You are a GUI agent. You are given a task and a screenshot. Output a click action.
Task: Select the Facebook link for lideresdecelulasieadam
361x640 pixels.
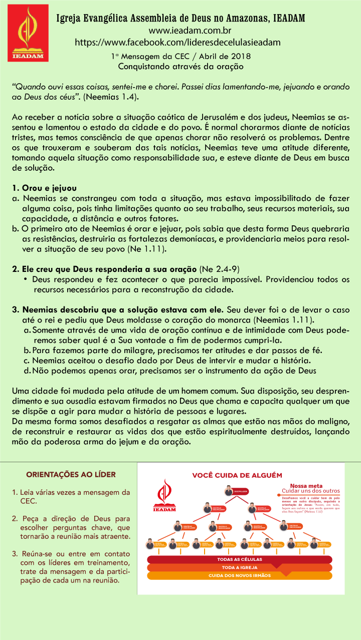[177, 42]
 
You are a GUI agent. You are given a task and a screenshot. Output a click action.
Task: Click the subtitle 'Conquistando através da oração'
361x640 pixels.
[180, 66]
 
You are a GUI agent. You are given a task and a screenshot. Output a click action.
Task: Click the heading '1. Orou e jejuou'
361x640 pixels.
[44, 188]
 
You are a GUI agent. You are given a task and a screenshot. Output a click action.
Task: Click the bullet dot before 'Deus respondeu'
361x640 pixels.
[25, 279]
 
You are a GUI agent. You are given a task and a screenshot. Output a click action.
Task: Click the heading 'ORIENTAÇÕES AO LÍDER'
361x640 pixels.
[71, 474]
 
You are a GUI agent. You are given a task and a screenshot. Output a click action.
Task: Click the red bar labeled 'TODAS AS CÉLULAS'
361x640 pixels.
[239, 559]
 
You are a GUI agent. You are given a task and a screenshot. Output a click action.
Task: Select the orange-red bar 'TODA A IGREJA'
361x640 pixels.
[239, 567]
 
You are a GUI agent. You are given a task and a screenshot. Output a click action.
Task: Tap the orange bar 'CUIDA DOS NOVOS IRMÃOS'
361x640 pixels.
[239, 575]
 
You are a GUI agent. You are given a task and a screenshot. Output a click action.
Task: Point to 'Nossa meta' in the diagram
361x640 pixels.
[306, 485]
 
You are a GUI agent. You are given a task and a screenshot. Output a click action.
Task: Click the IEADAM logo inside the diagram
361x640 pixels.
[164, 496]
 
